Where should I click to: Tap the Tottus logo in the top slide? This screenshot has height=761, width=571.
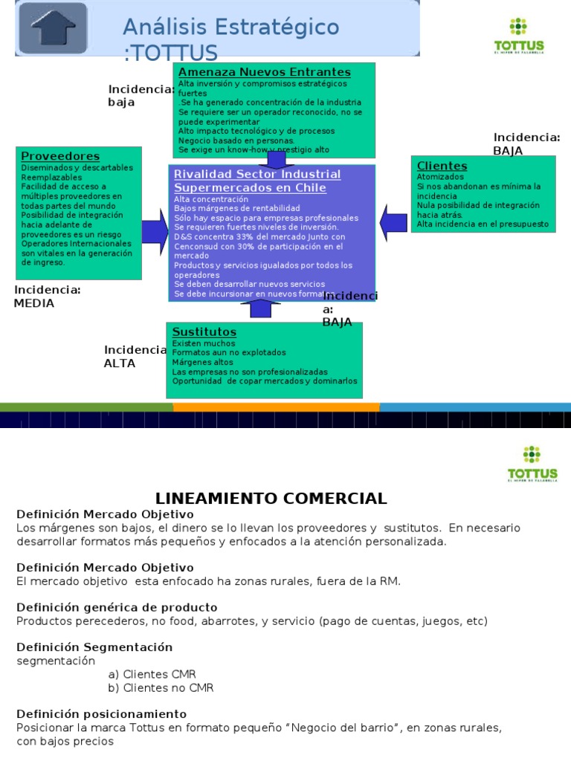(x=519, y=36)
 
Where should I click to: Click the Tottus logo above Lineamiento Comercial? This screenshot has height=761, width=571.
(x=532, y=464)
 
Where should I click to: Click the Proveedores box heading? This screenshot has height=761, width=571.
(x=60, y=156)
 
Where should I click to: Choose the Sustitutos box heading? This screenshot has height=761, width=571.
(x=204, y=331)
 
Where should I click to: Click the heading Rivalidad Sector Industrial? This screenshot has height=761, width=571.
(x=257, y=175)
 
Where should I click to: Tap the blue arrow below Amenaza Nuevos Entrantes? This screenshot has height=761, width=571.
(x=276, y=159)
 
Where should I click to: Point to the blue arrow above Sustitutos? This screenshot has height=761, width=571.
(x=260, y=308)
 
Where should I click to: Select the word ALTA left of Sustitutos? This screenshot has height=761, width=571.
(x=120, y=363)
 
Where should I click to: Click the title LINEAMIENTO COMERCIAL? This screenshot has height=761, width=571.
(x=271, y=499)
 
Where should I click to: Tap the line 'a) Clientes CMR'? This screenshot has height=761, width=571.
(x=152, y=674)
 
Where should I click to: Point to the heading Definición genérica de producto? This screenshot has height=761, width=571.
(x=117, y=607)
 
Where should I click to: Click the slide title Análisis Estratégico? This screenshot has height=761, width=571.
(x=230, y=27)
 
